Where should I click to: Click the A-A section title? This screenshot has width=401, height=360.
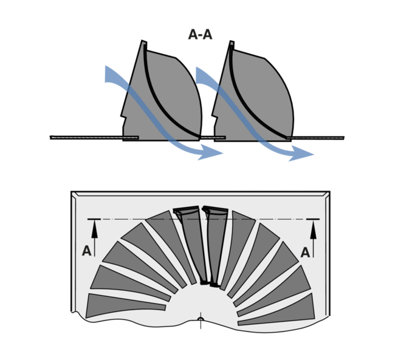point(200,35)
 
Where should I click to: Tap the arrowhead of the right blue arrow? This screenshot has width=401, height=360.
point(307,154)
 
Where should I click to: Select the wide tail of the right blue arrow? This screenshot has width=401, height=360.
point(202,75)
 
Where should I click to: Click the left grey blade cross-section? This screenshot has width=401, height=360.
point(161,97)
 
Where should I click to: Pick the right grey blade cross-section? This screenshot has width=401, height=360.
point(252,97)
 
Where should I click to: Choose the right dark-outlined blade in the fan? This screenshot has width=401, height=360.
point(214,243)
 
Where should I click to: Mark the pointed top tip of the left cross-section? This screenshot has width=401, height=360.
point(144,43)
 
